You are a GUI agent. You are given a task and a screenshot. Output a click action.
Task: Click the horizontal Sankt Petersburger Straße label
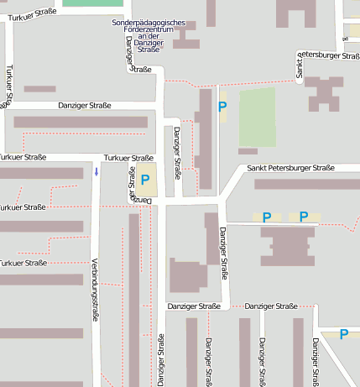[x=290, y=168]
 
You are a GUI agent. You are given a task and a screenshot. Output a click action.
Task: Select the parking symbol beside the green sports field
[x=222, y=107]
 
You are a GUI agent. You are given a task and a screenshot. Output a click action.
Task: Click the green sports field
[x=257, y=117]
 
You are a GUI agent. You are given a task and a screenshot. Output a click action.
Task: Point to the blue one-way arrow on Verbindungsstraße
[x=97, y=172]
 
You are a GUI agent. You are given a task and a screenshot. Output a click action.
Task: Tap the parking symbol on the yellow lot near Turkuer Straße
[x=145, y=179]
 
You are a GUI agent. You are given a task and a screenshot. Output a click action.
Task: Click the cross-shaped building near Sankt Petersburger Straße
[x=323, y=93]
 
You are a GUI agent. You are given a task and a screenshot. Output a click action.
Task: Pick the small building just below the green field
[x=248, y=151]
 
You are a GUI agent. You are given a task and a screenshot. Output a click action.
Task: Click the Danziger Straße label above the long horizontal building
[x=84, y=106]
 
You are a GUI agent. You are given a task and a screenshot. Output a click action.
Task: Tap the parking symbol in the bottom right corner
[x=343, y=334]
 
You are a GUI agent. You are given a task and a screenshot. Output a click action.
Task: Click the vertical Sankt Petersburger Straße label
[x=300, y=65]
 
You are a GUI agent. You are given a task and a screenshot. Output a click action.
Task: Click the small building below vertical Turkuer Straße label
[x=39, y=89]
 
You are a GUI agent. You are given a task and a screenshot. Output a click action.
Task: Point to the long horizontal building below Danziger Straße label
[x=80, y=123]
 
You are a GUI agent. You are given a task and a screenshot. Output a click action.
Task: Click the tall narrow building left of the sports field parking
[x=204, y=139]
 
